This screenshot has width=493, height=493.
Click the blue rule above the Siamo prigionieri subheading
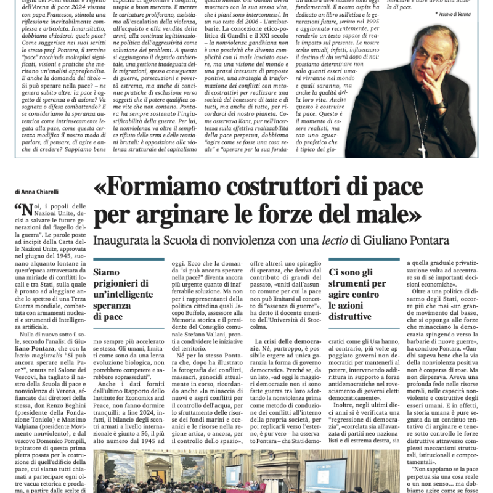[x=129, y=259]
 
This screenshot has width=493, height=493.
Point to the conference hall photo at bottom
[x=246, y=471]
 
